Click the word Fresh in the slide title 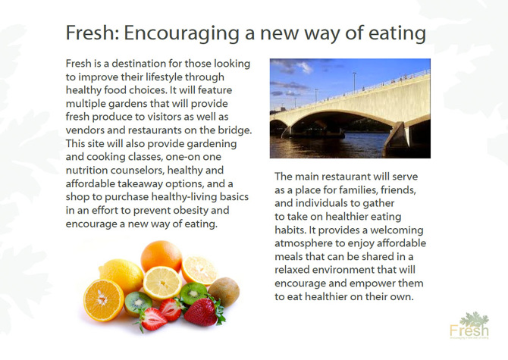[89, 34]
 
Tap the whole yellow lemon [121, 275]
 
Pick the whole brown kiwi [224, 291]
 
